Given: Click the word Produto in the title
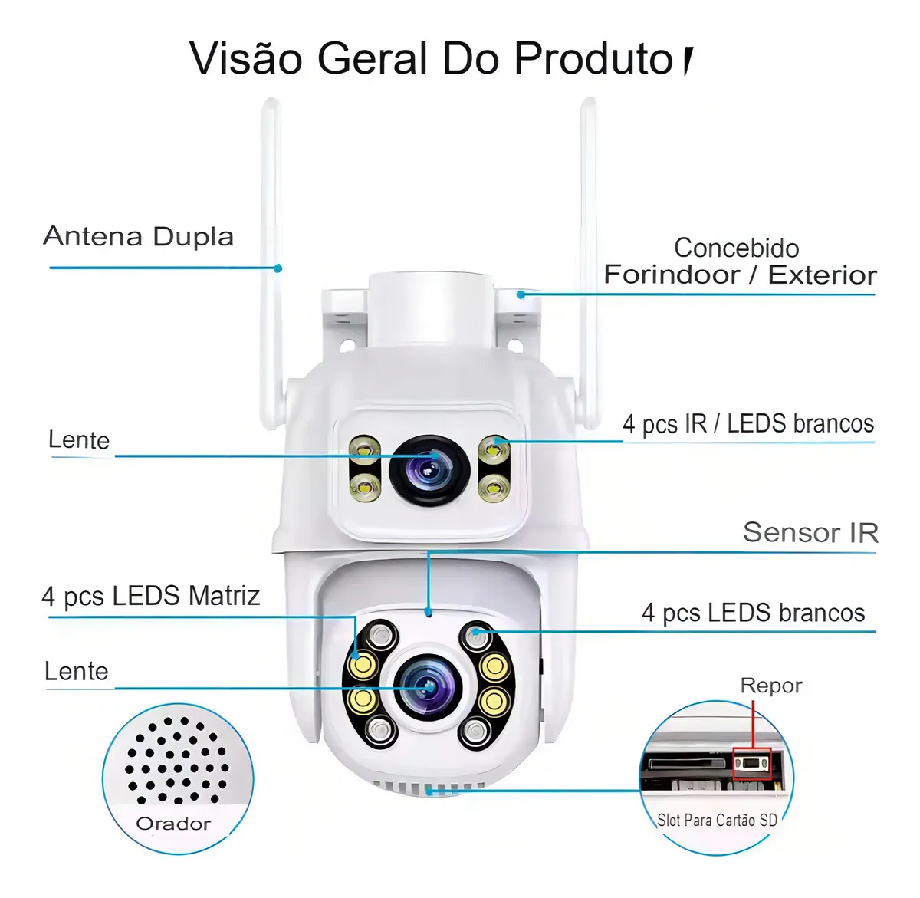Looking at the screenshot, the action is click(x=593, y=58).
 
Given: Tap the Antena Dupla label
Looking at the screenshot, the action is click(x=139, y=236).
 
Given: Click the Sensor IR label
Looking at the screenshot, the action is click(x=810, y=532).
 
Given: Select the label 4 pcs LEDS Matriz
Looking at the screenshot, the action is click(x=151, y=597).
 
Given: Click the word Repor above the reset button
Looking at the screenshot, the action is click(x=770, y=686).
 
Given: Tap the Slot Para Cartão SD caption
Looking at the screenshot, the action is click(x=717, y=820).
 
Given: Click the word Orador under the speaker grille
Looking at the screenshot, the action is click(x=173, y=824).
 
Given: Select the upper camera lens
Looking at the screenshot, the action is click(x=429, y=470).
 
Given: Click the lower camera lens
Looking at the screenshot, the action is click(x=428, y=687).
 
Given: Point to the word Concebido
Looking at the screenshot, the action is click(x=736, y=248).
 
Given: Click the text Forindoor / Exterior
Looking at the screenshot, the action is click(x=740, y=275).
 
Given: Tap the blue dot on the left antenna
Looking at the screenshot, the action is click(x=278, y=268).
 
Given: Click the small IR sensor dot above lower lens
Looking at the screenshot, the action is click(x=428, y=613).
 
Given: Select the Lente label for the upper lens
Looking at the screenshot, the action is click(x=80, y=440).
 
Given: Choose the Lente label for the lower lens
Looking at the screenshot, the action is click(x=77, y=671).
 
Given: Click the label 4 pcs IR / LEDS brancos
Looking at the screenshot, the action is click(x=748, y=424).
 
